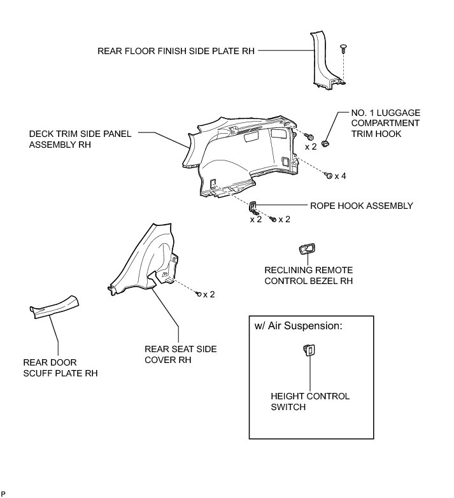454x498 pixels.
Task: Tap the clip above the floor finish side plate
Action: tap(344, 48)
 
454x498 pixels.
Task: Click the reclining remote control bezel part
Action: tap(307, 249)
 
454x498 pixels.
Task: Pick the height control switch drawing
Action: tap(309, 350)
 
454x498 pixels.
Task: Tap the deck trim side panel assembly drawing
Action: tap(242, 156)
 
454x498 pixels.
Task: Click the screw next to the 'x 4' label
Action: tap(327, 174)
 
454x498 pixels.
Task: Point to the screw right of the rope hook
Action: tap(273, 219)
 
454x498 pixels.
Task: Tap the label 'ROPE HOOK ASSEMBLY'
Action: tap(361, 206)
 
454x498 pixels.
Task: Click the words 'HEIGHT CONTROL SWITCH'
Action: tap(310, 401)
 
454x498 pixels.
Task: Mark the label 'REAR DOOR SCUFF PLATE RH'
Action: tap(59, 367)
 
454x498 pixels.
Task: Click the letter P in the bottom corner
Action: tap(3, 494)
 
